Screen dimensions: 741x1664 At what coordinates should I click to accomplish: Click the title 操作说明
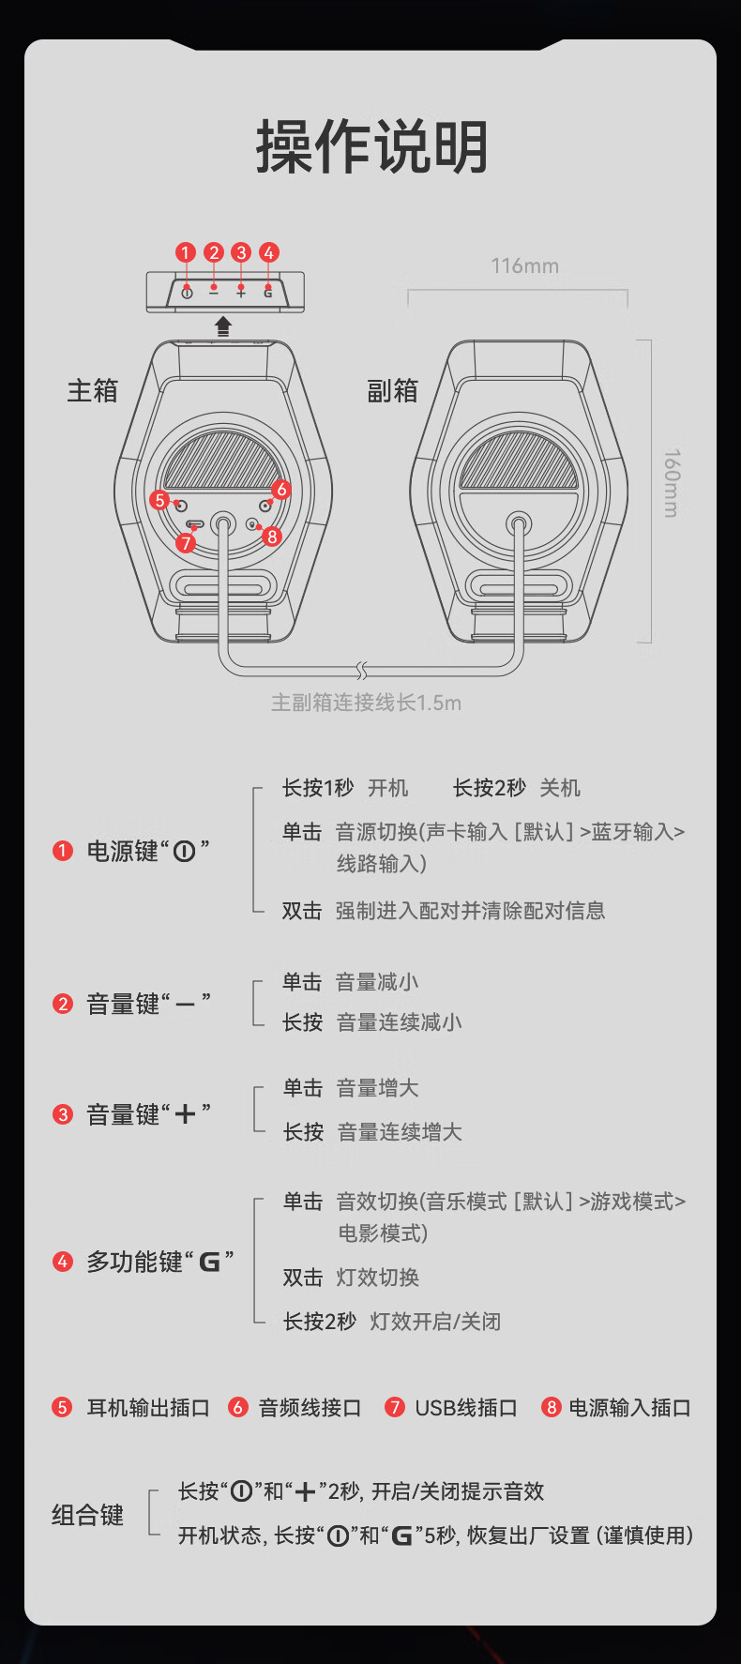[371, 147]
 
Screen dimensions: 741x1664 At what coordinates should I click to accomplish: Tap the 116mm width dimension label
[524, 266]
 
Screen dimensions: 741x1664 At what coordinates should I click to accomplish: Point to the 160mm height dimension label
[672, 483]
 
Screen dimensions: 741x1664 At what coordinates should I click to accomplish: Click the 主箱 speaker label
[92, 390]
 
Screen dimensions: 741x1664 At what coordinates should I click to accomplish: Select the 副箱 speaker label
[392, 390]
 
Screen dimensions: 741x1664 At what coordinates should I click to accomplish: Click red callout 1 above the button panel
[186, 252]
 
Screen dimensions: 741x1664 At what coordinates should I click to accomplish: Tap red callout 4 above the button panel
[268, 252]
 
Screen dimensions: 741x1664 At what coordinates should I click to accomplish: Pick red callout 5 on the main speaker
[159, 500]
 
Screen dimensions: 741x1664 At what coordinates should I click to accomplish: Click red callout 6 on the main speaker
[281, 490]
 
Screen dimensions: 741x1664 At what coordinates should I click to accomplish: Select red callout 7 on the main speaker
[186, 543]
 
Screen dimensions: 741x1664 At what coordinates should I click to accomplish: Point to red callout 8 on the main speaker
[272, 537]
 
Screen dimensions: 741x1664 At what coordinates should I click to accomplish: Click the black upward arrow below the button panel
[223, 326]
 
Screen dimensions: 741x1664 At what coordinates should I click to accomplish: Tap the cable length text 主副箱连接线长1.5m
[366, 703]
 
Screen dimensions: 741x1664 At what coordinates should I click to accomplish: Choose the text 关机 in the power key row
[560, 788]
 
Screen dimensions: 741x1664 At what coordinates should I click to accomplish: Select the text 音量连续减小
[399, 1022]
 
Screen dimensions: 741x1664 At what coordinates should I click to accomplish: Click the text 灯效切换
[377, 1278]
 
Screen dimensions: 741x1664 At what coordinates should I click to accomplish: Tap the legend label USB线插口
[466, 1408]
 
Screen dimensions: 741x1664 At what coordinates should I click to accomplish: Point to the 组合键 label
[87, 1515]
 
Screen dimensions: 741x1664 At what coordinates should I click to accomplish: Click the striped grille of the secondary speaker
[518, 461]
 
